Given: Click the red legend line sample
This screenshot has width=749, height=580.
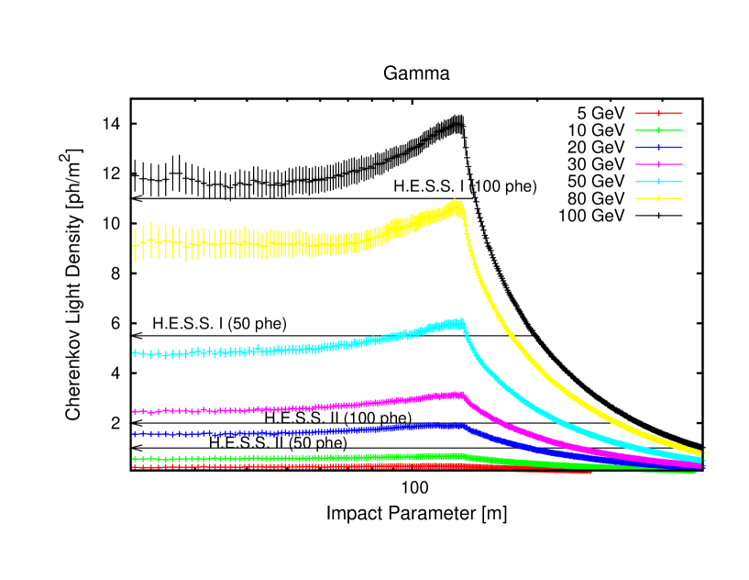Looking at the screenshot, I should [658, 113].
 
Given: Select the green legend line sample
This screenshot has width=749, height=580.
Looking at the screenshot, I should [658, 130].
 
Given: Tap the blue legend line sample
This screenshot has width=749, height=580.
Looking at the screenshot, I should [658, 147].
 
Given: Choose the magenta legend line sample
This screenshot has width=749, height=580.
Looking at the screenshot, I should [658, 164].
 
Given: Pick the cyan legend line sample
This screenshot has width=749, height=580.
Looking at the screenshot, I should [658, 182].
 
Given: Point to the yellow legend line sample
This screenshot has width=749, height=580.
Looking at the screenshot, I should [658, 198].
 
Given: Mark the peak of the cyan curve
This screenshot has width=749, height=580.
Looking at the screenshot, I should [457, 322].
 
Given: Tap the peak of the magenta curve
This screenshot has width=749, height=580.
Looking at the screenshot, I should [457, 395].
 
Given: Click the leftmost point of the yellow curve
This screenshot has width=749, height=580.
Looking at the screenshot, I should [135, 245].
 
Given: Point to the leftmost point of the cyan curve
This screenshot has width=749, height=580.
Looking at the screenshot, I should [135, 352].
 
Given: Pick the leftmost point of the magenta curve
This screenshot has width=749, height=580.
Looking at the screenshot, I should [135, 412].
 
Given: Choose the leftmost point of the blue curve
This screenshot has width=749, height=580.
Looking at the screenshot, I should [135, 434].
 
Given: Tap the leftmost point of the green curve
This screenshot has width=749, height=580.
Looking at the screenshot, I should [135, 458].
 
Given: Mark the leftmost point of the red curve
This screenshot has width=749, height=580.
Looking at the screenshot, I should [135, 466].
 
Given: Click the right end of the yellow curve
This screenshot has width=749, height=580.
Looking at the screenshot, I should [700, 452].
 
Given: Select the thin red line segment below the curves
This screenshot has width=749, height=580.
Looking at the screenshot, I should [550, 472].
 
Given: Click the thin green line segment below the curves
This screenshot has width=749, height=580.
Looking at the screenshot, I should [662, 472].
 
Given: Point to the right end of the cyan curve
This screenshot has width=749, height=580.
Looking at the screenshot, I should [700, 459].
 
